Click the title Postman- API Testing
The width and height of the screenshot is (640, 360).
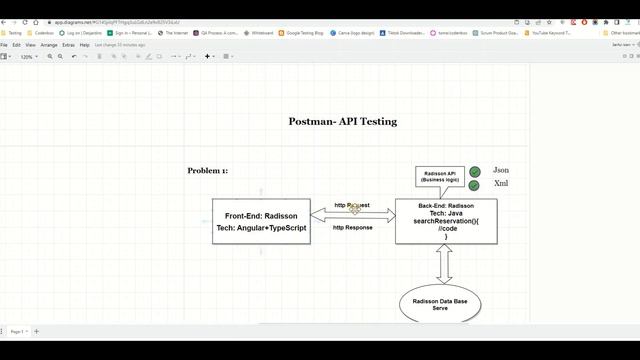pyautogui.click(x=342, y=121)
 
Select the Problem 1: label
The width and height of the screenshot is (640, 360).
pyautogui.click(x=207, y=171)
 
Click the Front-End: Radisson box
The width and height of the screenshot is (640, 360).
pyautogui.click(x=261, y=221)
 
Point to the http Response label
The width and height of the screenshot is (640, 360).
pyautogui.click(x=352, y=227)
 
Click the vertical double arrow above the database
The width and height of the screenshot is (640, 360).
pyautogui.click(x=445, y=263)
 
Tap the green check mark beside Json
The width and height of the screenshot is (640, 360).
pyautogui.click(x=474, y=172)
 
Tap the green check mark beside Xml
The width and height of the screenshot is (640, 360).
pyautogui.click(x=474, y=185)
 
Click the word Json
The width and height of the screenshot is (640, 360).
pyautogui.click(x=501, y=171)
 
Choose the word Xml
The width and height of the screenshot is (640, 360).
pyautogui.click(x=501, y=184)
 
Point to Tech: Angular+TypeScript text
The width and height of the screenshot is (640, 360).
pyautogui.click(x=261, y=227)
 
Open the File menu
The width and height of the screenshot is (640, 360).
pyautogui.click(x=4, y=45)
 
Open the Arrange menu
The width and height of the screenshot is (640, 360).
pyautogui.click(x=49, y=45)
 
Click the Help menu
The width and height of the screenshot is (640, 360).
pyautogui.click(x=84, y=45)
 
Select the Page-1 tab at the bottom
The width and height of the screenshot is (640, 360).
pyautogui.click(x=18, y=331)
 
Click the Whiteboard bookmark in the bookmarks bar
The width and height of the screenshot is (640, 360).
pyautogui.click(x=262, y=33)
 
